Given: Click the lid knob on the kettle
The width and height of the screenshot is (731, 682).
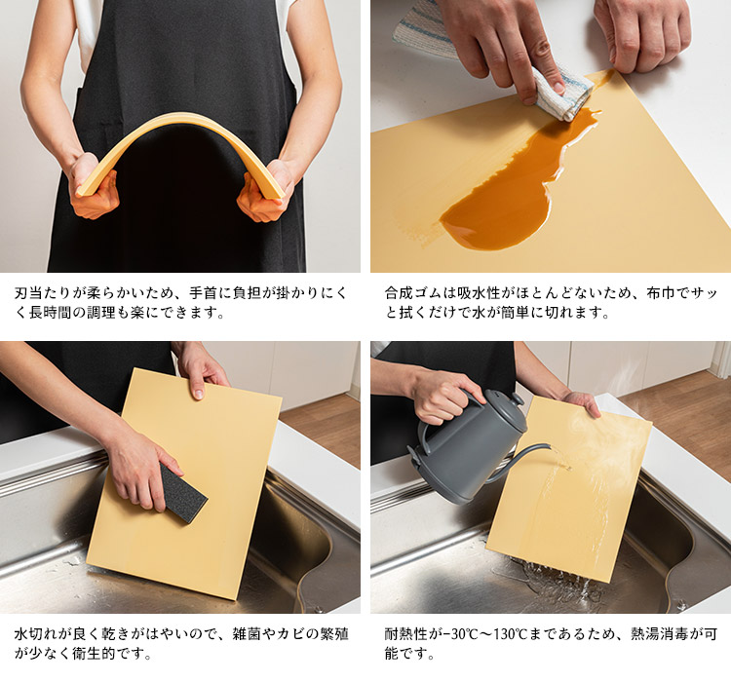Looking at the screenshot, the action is tap(516, 399).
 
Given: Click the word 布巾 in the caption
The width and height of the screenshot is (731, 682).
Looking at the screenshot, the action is tap(660, 293).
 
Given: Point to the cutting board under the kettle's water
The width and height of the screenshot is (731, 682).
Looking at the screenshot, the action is tap(569, 489).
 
